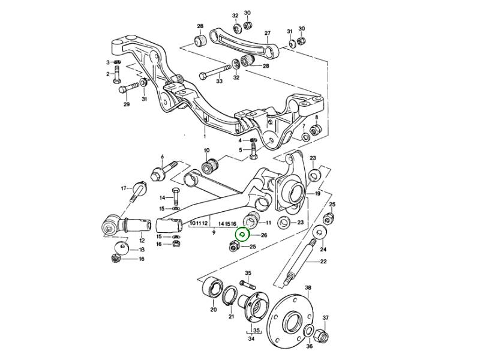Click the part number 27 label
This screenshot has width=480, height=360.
tap(268, 33)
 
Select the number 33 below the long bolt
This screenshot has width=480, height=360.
tap(219, 81)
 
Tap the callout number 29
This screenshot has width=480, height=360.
tap(127, 105)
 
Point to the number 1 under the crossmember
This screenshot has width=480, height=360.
tap(203, 136)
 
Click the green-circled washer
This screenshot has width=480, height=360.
tap(242, 235)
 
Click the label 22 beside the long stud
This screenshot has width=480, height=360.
tap(323, 261)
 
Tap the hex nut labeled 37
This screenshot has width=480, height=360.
tap(317, 128)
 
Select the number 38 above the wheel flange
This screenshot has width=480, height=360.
tap(308, 288)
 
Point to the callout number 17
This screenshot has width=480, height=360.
tap(123, 188)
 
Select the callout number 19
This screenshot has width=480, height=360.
tap(317, 194)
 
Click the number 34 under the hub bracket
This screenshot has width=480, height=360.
tap(251, 339)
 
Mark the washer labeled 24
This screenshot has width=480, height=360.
tap(323, 233)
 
